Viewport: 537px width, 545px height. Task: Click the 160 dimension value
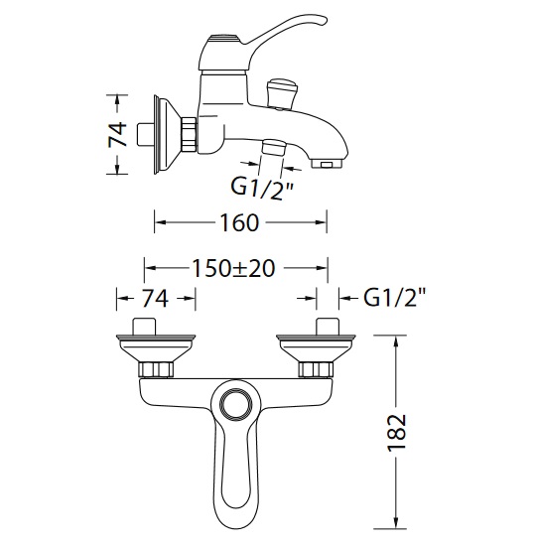click(x=240, y=222)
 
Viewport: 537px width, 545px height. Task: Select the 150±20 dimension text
click(x=233, y=268)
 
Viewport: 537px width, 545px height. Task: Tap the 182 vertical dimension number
click(x=397, y=432)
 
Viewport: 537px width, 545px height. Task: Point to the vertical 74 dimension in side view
click(x=117, y=134)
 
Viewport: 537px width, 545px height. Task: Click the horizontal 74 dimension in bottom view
click(x=155, y=298)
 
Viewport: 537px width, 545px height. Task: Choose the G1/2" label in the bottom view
click(x=395, y=298)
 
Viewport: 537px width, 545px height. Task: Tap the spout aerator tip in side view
click(x=328, y=164)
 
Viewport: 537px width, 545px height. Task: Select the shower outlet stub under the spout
click(x=273, y=147)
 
